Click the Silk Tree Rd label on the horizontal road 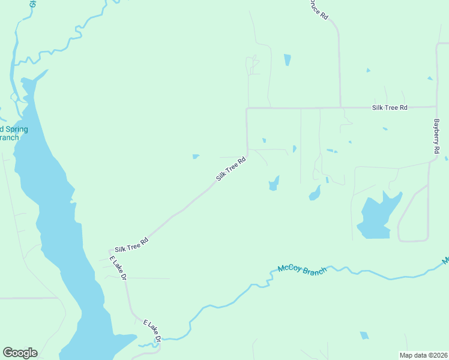pos(390,107)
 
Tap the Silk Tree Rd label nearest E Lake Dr pos(131,244)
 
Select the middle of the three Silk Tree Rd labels pos(231,169)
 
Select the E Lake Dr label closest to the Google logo pos(152,331)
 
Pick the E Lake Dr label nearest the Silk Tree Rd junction pos(118,268)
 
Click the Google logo pos(20,353)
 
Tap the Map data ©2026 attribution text pos(423,355)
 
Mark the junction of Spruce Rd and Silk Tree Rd pos(340,108)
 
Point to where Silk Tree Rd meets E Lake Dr pos(110,251)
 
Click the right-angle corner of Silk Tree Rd pos(247,109)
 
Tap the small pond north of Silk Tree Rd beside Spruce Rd pos(287,59)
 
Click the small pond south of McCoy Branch pos(364,335)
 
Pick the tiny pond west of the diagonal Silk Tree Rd pos(196,157)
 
